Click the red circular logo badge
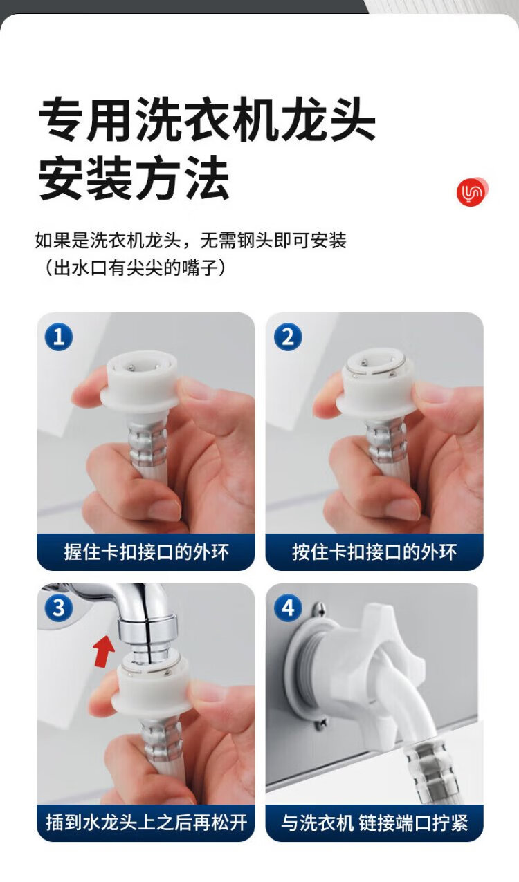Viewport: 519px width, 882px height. point(472,191)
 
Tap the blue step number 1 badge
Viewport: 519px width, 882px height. point(59,337)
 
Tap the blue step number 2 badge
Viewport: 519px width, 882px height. point(288,337)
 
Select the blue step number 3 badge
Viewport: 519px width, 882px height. point(59,608)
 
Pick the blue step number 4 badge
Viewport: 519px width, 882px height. point(288,608)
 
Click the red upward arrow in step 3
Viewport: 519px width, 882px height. point(104,651)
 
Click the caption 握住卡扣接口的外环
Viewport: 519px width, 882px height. point(146,552)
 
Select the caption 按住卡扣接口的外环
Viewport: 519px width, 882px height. point(374,552)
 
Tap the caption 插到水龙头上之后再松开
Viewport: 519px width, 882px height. point(146,823)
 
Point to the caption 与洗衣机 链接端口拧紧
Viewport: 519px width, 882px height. point(374,823)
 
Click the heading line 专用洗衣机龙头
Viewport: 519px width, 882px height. point(206,120)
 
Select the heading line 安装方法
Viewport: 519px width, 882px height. point(134,177)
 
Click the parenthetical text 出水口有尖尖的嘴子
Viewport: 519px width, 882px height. point(135,268)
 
